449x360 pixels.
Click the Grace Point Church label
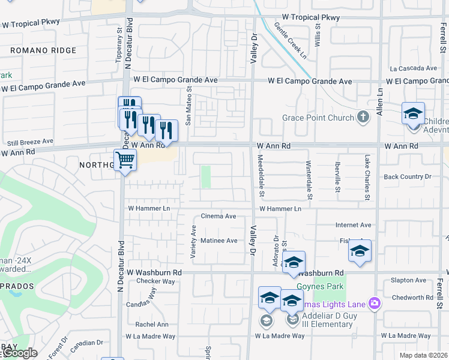318,118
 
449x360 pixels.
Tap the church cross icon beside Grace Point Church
363,117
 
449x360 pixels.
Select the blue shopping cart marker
125,160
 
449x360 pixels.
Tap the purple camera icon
375,304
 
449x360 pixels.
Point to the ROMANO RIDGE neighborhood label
43,51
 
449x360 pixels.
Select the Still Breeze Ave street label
27,142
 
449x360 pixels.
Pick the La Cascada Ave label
413,68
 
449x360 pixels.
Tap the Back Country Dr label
408,177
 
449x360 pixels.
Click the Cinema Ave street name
218,216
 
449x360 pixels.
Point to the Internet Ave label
354,225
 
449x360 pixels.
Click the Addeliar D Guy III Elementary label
327,320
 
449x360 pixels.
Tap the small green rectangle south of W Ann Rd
206,176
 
